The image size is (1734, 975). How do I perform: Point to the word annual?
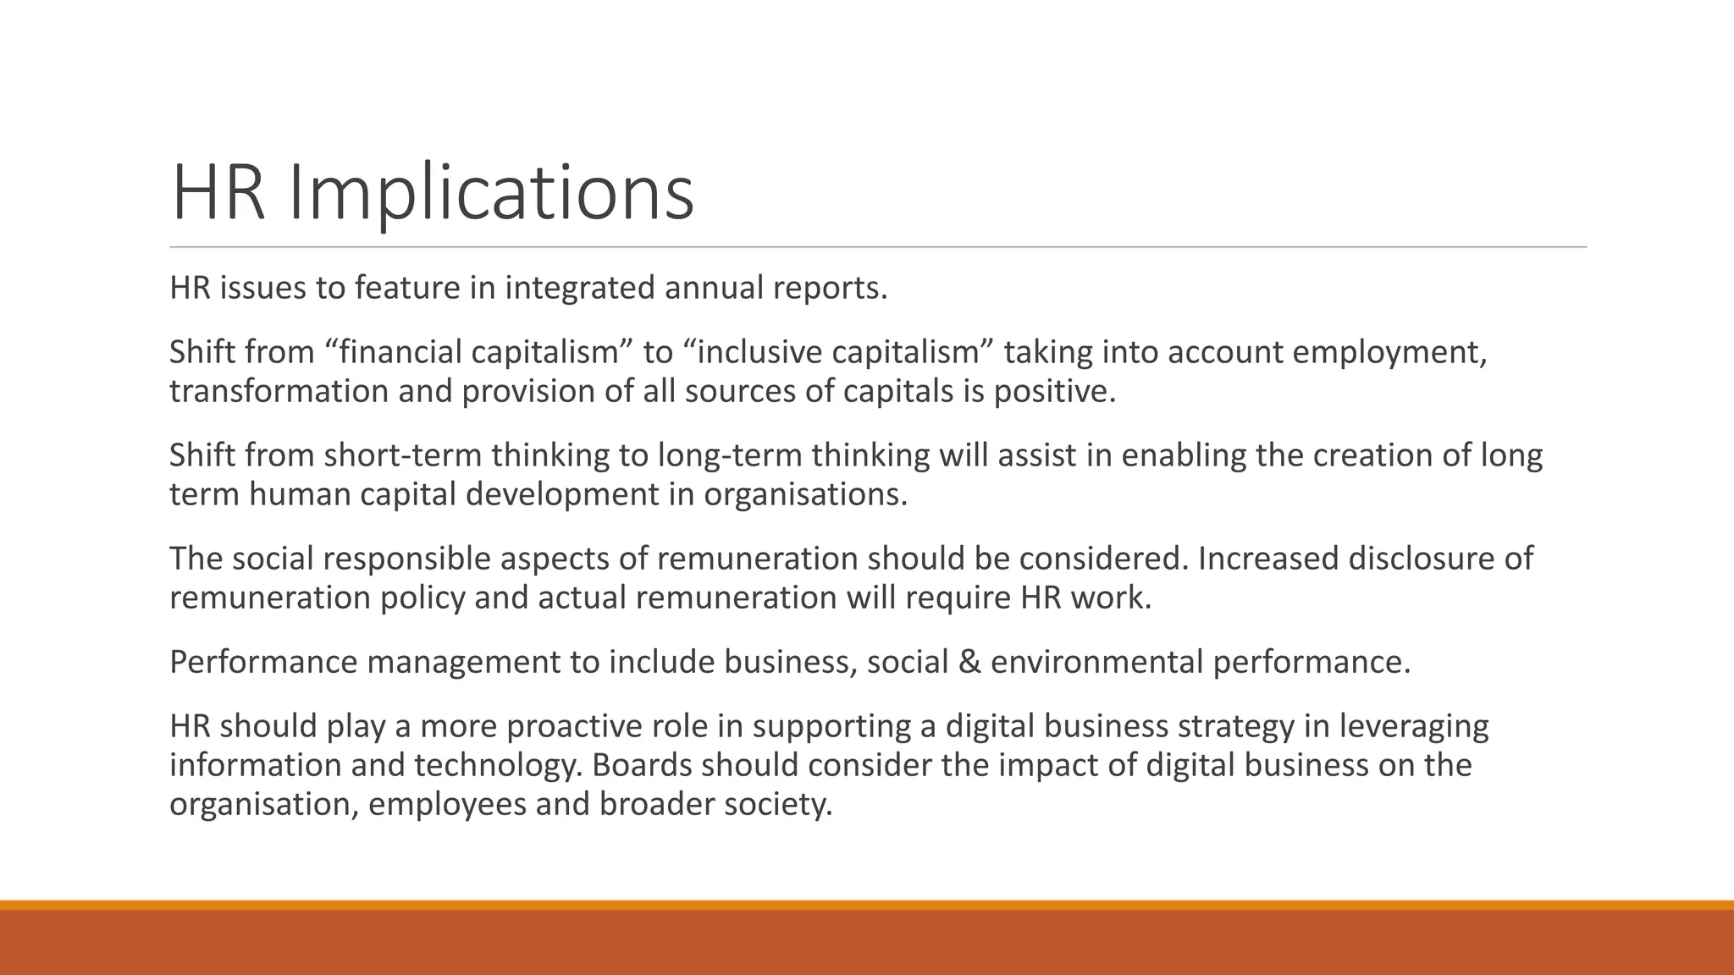point(713,288)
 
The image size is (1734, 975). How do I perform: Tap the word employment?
point(1389,352)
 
